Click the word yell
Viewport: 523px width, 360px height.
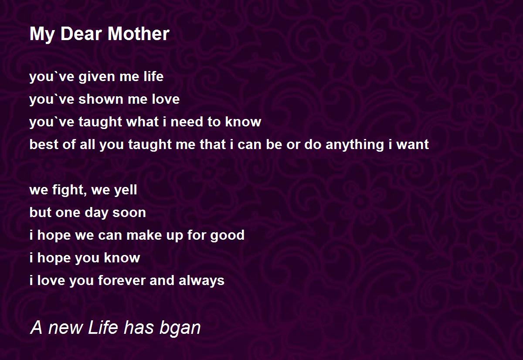[126, 190]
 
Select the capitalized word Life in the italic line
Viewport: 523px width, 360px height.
[102, 328]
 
